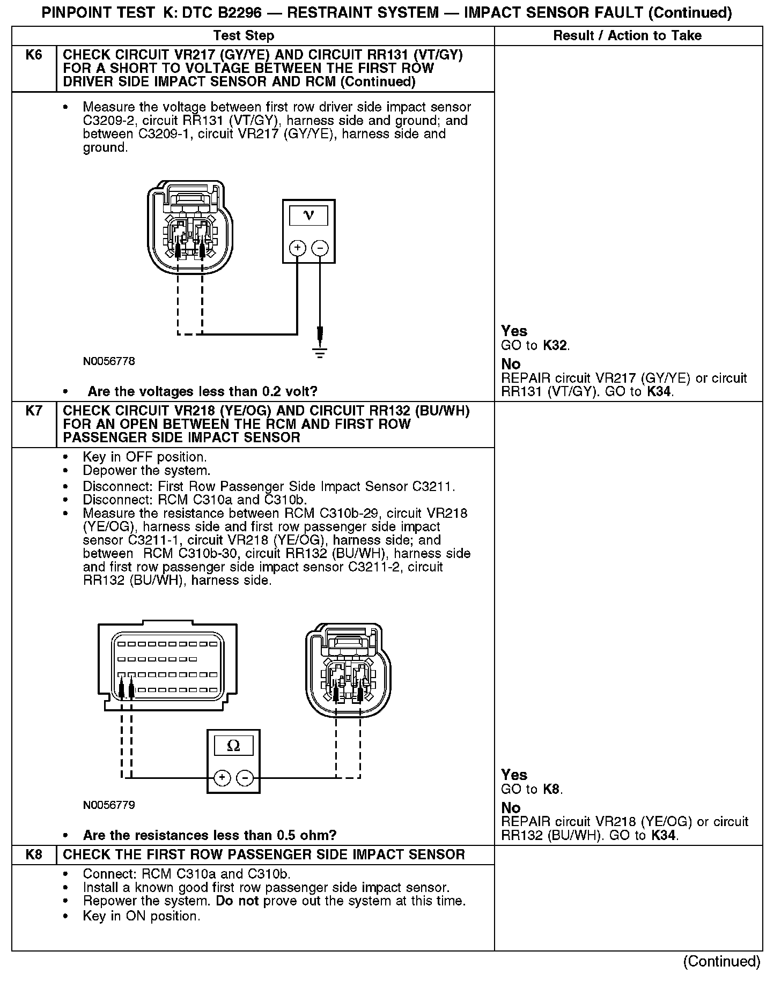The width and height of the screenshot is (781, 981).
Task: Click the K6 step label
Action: coord(33,55)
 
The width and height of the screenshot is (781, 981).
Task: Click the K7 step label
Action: coord(33,411)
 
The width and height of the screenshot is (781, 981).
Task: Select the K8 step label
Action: coord(33,854)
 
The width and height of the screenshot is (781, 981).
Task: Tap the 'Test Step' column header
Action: coord(244,36)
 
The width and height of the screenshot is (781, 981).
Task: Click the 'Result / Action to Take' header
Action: coord(627,36)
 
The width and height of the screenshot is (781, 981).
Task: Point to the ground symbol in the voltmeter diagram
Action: coord(320,352)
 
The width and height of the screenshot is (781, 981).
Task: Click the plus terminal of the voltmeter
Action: coord(297,248)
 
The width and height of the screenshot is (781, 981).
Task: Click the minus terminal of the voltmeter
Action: coord(320,248)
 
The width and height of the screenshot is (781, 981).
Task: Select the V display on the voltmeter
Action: coord(308,215)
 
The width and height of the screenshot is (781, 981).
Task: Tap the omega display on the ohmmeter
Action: coord(233,746)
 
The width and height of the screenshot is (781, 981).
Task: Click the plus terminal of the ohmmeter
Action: coord(222,778)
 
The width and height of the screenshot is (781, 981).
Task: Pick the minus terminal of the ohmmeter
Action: coord(245,778)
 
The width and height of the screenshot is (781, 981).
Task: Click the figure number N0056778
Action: coord(109,361)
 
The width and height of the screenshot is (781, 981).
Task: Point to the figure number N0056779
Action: coord(109,805)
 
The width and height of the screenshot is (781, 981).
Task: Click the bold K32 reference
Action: coord(555,345)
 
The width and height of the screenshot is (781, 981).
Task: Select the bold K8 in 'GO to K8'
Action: coord(552,789)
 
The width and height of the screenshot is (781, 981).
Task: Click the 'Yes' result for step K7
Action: coord(514,775)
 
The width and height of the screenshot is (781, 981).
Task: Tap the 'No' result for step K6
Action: coord(511,365)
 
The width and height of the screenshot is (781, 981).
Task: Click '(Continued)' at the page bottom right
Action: coord(721,961)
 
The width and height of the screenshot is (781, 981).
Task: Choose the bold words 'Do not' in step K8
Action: coord(237,901)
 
